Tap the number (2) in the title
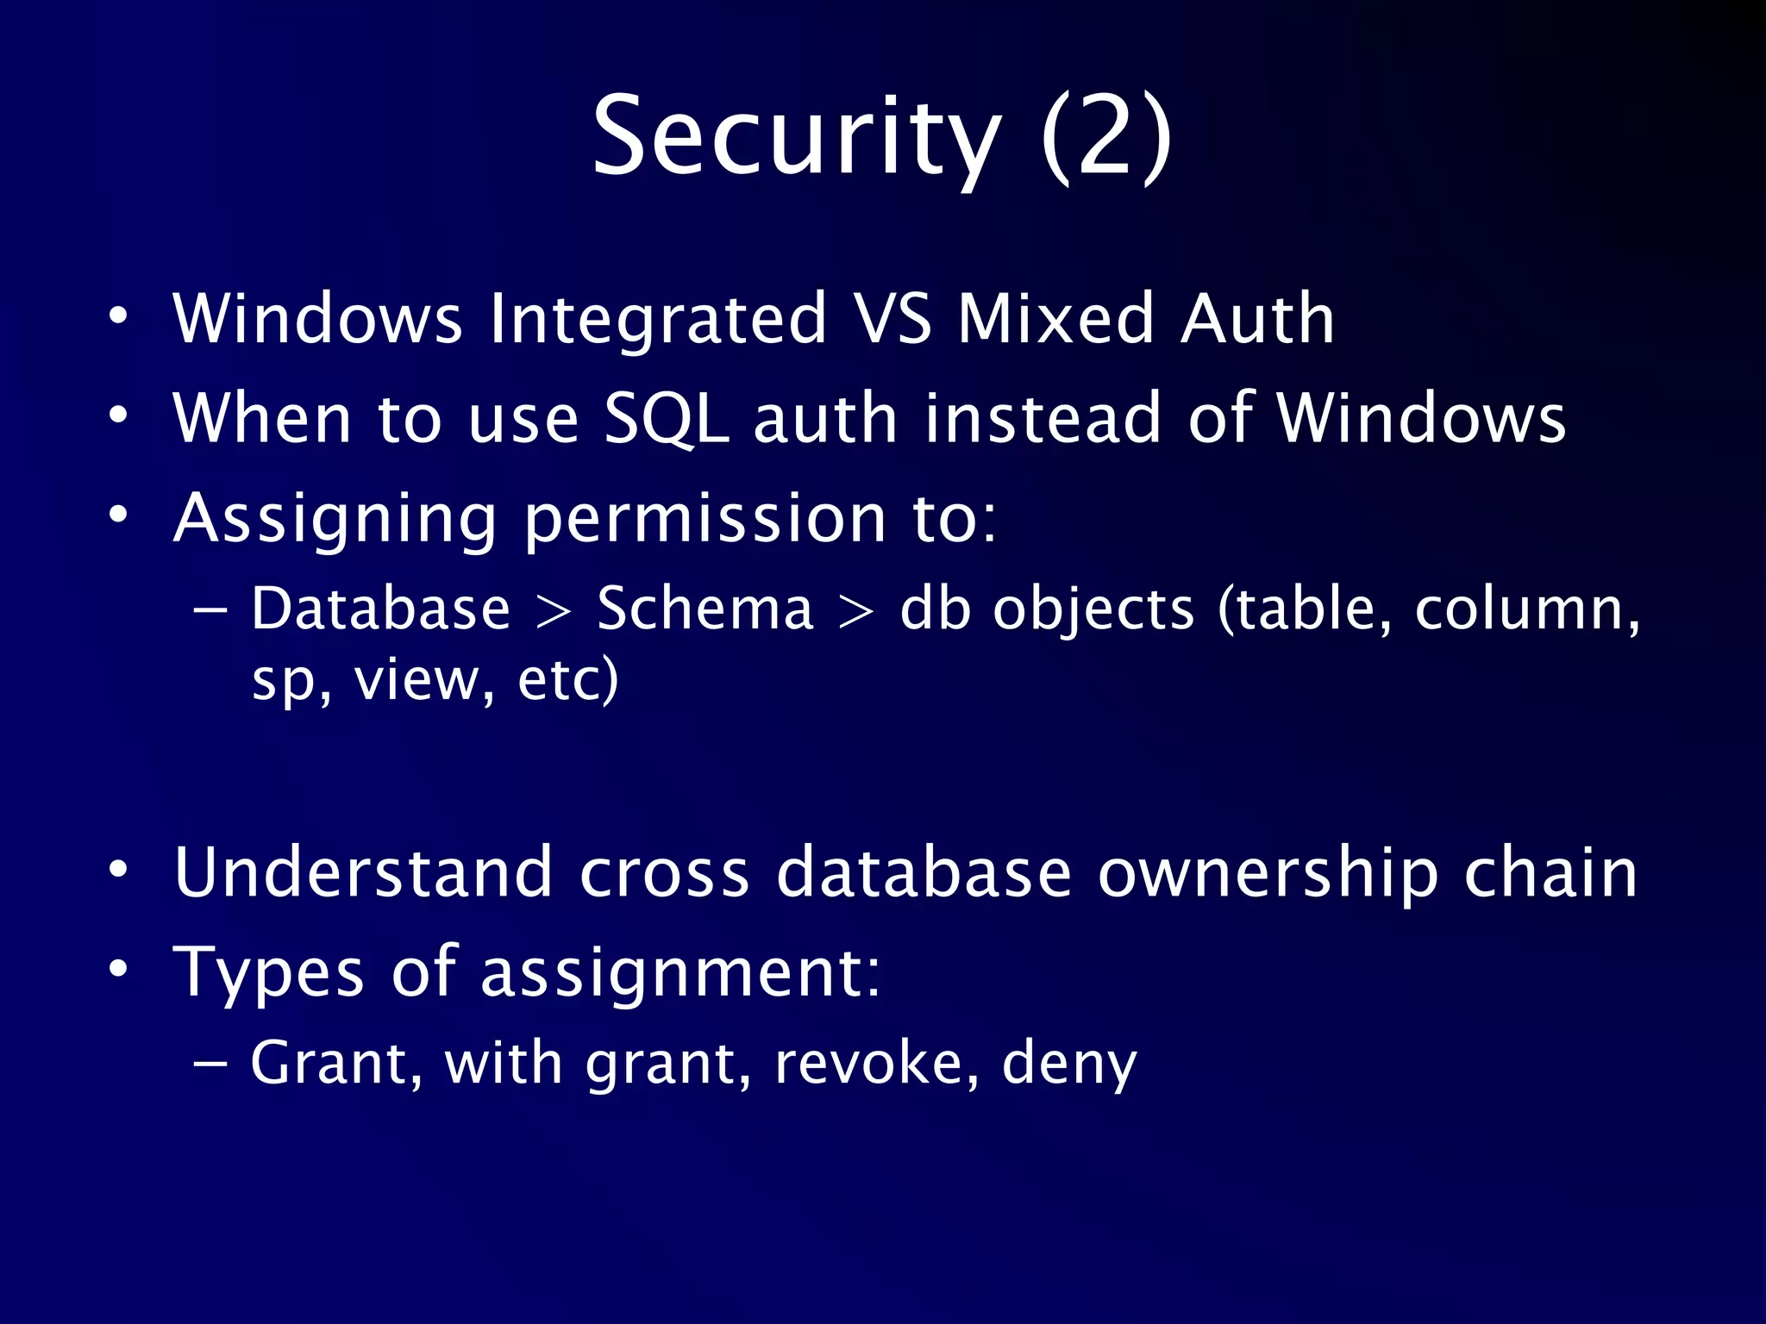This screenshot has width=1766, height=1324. [x=1106, y=138]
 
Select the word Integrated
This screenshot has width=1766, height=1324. [x=658, y=319]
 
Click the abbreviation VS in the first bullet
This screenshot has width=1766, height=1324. [x=892, y=319]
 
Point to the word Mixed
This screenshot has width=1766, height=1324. [x=1055, y=319]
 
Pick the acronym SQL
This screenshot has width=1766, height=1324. [x=666, y=420]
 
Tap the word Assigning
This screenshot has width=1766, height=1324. [x=335, y=520]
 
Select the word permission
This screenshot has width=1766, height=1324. [x=705, y=520]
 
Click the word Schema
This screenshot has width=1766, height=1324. [x=705, y=609]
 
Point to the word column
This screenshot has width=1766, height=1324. [x=1526, y=609]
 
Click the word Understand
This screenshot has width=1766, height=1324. [x=363, y=872]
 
